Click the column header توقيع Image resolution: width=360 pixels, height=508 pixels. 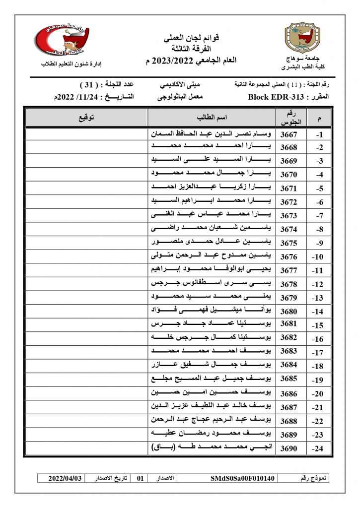tap(86, 118)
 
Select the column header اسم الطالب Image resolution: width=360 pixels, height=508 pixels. tap(212, 118)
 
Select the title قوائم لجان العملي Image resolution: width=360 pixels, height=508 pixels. tap(191, 38)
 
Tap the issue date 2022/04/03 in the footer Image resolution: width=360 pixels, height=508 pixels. tap(65, 479)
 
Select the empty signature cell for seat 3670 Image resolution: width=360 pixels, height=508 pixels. tap(86, 175)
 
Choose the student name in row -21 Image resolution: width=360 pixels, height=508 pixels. tap(212, 407)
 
